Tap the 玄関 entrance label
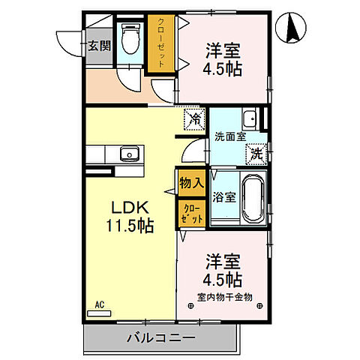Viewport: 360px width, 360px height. pos(99,46)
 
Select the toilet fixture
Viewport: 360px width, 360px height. pos(132,37)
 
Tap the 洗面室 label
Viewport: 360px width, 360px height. pos(229,138)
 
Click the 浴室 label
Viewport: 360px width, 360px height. pos(224,199)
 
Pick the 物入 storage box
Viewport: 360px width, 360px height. pos(190,182)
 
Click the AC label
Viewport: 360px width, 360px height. pos(99,304)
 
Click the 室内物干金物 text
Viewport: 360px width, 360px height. pos(224,296)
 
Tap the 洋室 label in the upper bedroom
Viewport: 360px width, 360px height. pos(223,50)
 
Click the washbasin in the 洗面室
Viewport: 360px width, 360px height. pos(250,118)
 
